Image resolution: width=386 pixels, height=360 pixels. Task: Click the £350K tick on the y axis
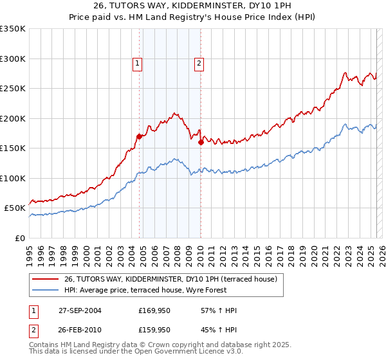tap(13, 29)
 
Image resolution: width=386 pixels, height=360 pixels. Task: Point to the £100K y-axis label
tap(13, 178)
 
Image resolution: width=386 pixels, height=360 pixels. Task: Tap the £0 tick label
tap(20, 238)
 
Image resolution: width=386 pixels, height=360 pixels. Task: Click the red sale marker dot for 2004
tap(139, 136)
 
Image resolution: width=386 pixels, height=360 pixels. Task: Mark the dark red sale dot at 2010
tap(201, 143)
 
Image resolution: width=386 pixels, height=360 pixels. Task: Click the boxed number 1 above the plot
tap(138, 63)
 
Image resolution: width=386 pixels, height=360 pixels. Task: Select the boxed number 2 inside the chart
tap(199, 63)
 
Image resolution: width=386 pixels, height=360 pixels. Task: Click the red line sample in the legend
tap(45, 279)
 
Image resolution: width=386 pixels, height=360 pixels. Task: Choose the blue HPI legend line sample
tap(45, 290)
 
